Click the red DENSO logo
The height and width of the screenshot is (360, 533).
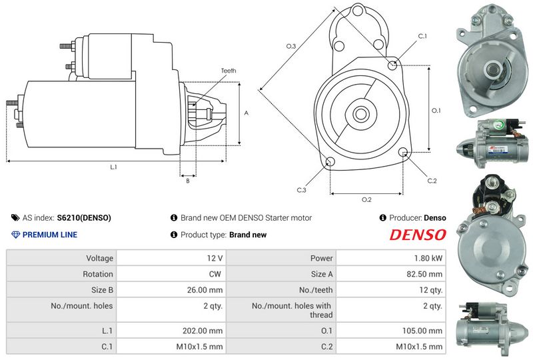[418, 235]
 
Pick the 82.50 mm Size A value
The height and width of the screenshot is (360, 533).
[424, 274]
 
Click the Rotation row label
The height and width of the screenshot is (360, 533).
[98, 274]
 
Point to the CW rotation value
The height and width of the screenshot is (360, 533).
[215, 274]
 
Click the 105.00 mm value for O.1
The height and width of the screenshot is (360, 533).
[422, 331]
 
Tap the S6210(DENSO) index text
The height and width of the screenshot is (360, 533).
[84, 218]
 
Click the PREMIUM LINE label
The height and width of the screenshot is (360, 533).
[49, 235]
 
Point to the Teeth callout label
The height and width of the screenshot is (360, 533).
[229, 71]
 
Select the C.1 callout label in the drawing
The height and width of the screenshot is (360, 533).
[422, 36]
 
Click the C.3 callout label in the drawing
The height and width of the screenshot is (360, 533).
[302, 190]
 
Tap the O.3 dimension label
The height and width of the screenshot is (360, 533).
[291, 46]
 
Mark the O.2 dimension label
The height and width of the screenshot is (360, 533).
[366, 200]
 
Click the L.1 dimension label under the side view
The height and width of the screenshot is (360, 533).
[113, 167]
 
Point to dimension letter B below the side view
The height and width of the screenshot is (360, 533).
[188, 181]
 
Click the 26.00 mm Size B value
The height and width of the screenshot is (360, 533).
[205, 290]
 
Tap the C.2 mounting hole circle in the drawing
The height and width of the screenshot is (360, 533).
[403, 152]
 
